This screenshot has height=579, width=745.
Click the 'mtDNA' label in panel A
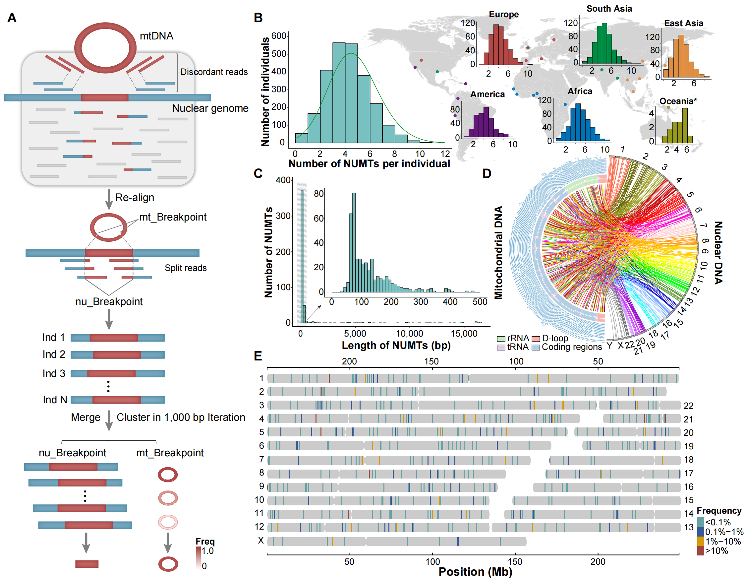coord(156,36)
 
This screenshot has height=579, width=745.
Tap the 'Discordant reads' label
coord(214,72)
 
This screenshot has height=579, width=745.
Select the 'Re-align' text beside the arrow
coord(135,197)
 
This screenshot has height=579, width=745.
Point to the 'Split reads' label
coord(186,268)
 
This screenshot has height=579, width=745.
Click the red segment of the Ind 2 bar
coord(117,355)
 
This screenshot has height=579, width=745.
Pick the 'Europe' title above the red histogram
coord(503,14)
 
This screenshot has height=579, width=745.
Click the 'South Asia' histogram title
coord(609,9)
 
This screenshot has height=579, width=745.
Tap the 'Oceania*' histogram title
coord(678,101)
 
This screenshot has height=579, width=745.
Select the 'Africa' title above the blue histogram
coord(580,91)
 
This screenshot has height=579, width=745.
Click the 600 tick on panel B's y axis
coord(279,36)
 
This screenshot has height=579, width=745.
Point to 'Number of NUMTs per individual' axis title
coord(369,164)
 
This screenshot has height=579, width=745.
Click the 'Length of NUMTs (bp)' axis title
coord(396,346)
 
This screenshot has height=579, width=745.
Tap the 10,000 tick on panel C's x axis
coord(409,334)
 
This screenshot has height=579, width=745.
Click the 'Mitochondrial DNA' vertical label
coord(498,253)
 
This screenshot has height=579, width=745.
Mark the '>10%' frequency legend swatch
coord(700,551)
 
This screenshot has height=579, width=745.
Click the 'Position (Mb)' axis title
coord(475,572)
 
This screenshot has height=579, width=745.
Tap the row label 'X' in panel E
coord(261,541)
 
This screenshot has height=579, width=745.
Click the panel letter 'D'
coord(487,174)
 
